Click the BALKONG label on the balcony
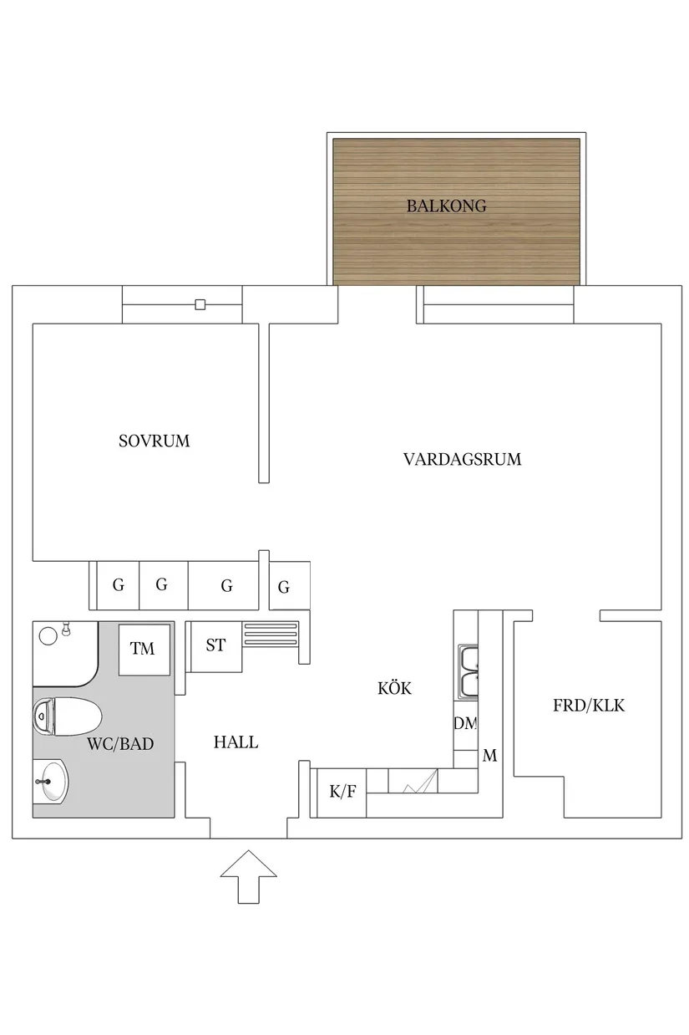click(x=446, y=206)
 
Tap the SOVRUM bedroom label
click(x=155, y=441)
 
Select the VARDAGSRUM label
click(x=462, y=459)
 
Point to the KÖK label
click(x=395, y=688)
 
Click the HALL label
click(x=236, y=742)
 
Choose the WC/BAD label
click(x=120, y=743)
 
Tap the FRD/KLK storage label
click(x=589, y=706)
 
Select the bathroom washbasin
click(x=52, y=780)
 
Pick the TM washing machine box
click(x=143, y=649)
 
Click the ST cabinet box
click(x=215, y=645)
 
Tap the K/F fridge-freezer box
click(x=342, y=791)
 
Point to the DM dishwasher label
click(x=465, y=724)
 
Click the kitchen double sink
click(x=469, y=672)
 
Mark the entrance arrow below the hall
click(x=248, y=876)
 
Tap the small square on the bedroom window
click(x=200, y=304)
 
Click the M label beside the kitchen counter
click(x=490, y=756)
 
